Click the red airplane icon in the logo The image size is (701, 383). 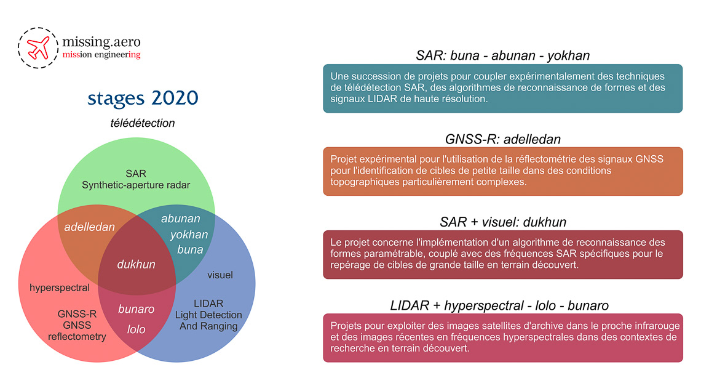38,48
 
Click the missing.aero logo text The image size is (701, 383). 101,42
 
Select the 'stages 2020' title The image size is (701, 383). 143,98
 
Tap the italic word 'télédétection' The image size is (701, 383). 143,123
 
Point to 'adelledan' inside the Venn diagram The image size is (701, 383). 89,227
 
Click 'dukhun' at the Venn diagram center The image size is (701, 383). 137,264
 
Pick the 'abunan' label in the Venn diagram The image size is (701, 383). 181,219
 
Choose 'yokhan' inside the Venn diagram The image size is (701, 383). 189,235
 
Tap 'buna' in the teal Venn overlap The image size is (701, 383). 190,249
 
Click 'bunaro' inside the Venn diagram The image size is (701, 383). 137,309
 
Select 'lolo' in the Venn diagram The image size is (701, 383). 137,329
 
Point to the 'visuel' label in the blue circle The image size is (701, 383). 220,275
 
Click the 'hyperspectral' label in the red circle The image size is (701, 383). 60,288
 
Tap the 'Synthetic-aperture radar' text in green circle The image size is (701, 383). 136,185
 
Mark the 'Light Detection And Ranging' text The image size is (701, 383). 208,320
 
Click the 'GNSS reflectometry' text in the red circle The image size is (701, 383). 77,331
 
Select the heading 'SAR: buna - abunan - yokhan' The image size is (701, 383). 503,55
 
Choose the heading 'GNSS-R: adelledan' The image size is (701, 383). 503,139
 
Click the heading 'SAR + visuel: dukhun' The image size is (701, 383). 503,222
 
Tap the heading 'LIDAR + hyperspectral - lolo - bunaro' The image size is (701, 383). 499,305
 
